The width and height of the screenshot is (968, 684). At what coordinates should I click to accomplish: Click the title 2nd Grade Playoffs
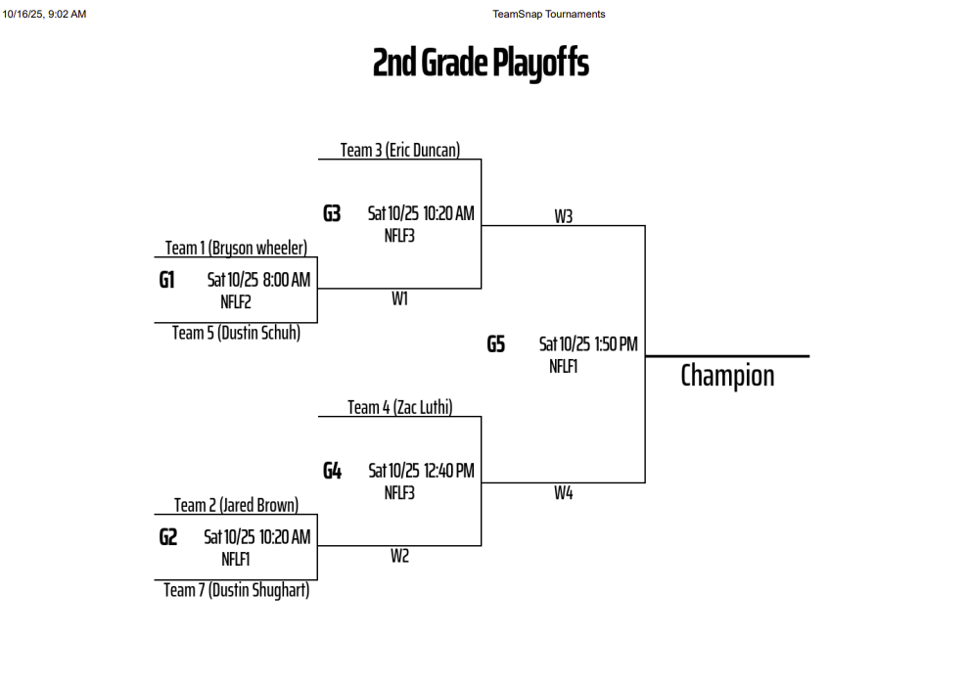coord(481,64)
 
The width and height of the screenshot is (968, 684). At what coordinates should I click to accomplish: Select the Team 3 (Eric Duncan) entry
coord(399,150)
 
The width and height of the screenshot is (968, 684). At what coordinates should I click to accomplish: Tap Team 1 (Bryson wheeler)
coord(236,248)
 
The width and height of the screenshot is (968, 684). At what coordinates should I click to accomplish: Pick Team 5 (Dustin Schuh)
coord(236,333)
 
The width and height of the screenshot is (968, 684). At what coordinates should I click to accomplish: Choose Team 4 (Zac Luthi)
coord(399,407)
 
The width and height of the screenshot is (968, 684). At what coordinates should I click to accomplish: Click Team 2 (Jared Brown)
coord(236,505)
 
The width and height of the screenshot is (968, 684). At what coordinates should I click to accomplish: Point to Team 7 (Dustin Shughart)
coord(236,590)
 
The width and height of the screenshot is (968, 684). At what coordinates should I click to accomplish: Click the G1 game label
coord(167,280)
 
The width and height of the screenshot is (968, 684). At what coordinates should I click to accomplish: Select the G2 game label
coord(168,537)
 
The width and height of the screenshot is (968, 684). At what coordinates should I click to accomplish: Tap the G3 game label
coord(332,213)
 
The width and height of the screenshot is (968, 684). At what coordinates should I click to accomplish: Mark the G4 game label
coord(332,471)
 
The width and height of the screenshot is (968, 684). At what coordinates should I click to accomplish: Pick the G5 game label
coord(496,343)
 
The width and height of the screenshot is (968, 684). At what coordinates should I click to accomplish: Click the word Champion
coord(727,376)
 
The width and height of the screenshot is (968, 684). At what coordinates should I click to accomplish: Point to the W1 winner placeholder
coord(399,299)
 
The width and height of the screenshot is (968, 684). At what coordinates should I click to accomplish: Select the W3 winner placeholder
coord(563,216)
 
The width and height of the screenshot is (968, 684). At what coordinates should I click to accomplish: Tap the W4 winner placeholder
coord(563,493)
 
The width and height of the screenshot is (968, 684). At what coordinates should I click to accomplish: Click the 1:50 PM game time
coord(616,343)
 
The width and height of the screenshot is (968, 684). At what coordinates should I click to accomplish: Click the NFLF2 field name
coord(236,302)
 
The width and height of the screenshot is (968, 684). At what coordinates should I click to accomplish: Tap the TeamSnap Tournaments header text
coord(549,14)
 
